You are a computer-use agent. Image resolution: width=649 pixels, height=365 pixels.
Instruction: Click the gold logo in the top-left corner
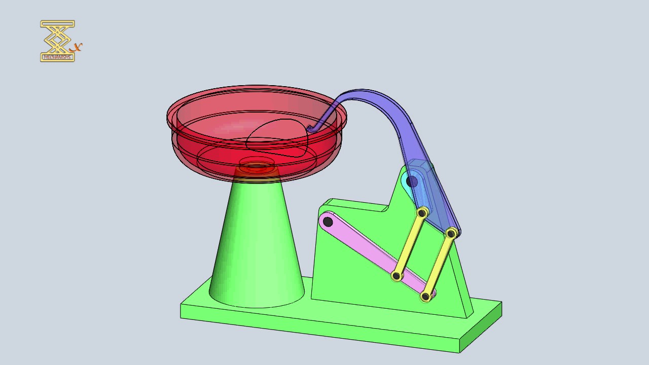[x=57, y=41]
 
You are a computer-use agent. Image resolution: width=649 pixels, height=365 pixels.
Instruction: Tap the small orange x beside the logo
[x=77, y=48]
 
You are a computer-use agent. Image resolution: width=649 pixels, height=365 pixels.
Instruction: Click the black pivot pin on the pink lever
[x=328, y=222]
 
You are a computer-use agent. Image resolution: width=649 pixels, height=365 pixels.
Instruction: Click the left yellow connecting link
[x=409, y=245]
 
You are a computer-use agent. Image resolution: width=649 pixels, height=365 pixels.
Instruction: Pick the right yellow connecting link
[x=439, y=264]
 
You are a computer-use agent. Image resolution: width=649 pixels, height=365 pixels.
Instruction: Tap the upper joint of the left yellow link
[x=421, y=213]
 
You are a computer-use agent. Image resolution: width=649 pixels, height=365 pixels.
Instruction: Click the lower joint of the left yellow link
[x=396, y=276]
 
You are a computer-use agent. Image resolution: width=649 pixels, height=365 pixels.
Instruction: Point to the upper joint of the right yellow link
[x=451, y=233]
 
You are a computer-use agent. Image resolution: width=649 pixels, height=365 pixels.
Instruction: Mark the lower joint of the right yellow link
[x=426, y=296]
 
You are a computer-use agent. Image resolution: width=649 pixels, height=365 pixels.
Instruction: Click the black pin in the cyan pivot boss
[x=412, y=181]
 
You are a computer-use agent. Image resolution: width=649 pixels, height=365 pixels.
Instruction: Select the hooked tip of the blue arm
[x=310, y=129]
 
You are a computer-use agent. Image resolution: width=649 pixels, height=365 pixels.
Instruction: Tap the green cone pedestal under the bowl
[x=256, y=243]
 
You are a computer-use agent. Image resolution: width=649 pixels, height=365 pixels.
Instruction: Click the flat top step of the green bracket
[x=355, y=204]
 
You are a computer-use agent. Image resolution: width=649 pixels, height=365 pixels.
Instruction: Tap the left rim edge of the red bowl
[x=168, y=118]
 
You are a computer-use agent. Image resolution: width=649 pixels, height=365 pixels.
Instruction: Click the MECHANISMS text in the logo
[x=57, y=57]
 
